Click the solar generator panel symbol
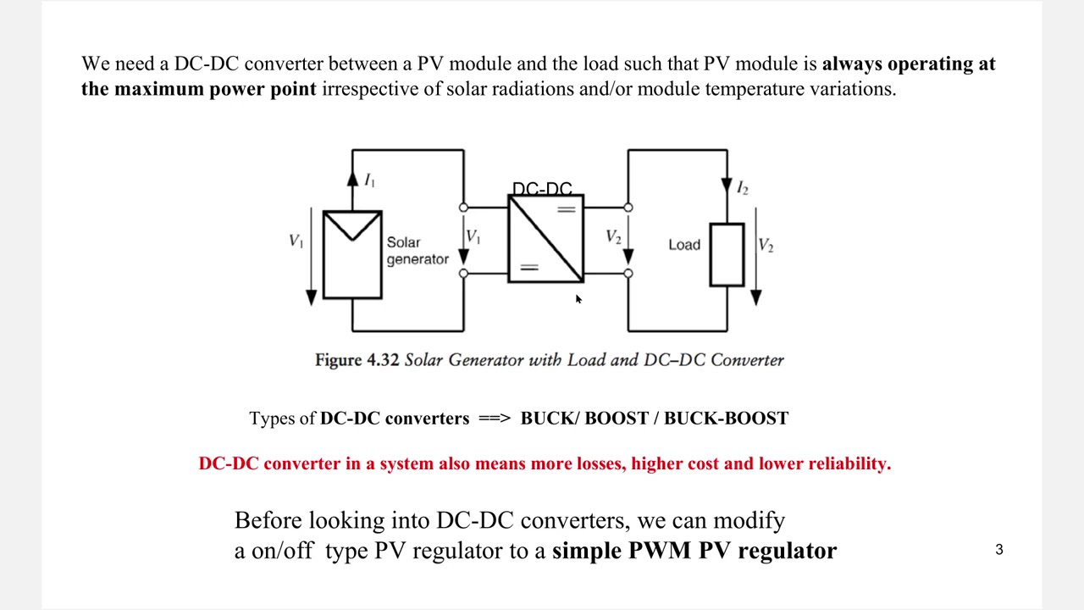(352, 254)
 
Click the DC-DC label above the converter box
(542, 188)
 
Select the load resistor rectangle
(727, 254)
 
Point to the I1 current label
(369, 180)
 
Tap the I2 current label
(743, 188)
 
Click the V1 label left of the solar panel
(296, 241)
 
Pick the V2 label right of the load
(766, 246)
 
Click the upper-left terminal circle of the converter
(463, 208)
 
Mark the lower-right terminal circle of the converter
(628, 273)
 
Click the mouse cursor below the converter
(578, 299)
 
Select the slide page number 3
(999, 550)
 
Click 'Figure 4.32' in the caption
(357, 360)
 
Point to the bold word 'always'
(852, 64)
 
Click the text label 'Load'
(684, 245)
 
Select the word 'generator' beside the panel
(418, 259)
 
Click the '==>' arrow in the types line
(495, 419)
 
